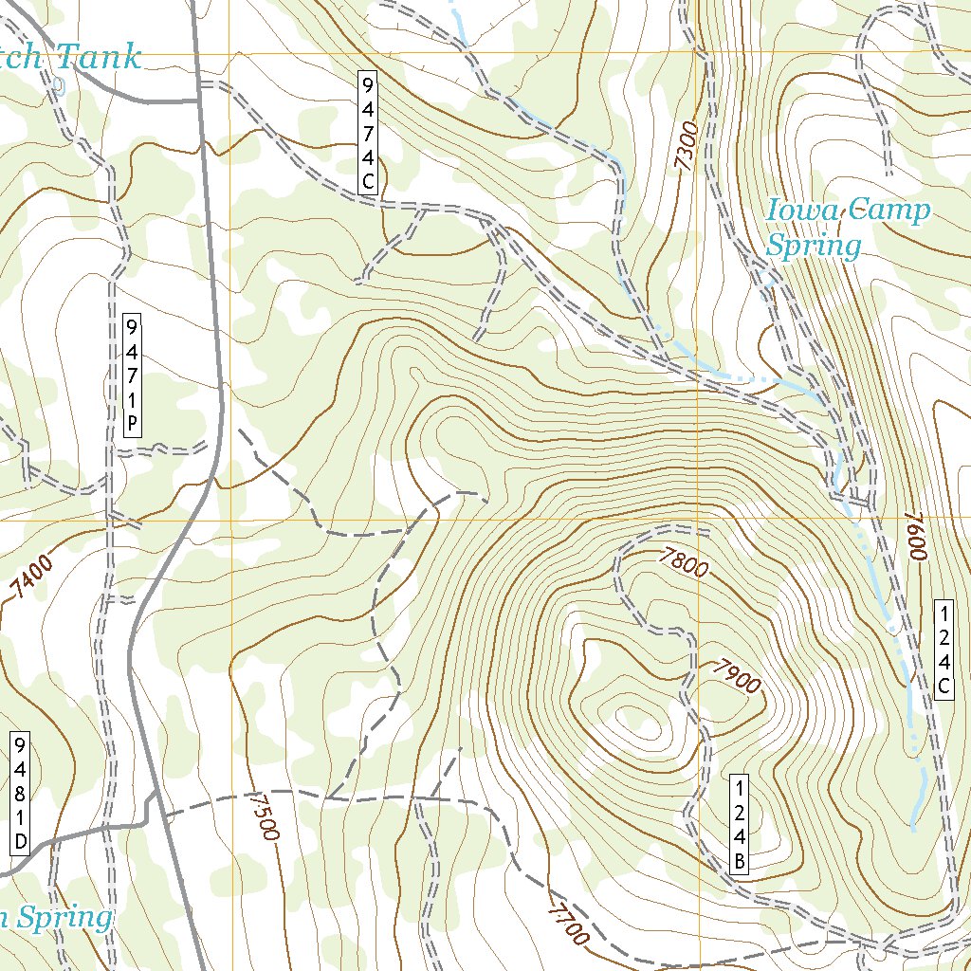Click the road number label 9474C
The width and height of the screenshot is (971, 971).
368,133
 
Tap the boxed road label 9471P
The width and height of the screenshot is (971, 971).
132,375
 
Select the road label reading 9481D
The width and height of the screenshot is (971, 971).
20,793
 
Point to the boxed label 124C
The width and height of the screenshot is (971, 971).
944,650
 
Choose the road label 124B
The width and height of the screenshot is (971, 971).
741,823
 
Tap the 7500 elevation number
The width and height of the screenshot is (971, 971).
265,815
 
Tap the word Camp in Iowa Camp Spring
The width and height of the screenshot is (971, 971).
889,211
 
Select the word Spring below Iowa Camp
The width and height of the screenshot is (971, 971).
814,247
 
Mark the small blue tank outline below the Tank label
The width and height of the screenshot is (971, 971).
60,86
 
